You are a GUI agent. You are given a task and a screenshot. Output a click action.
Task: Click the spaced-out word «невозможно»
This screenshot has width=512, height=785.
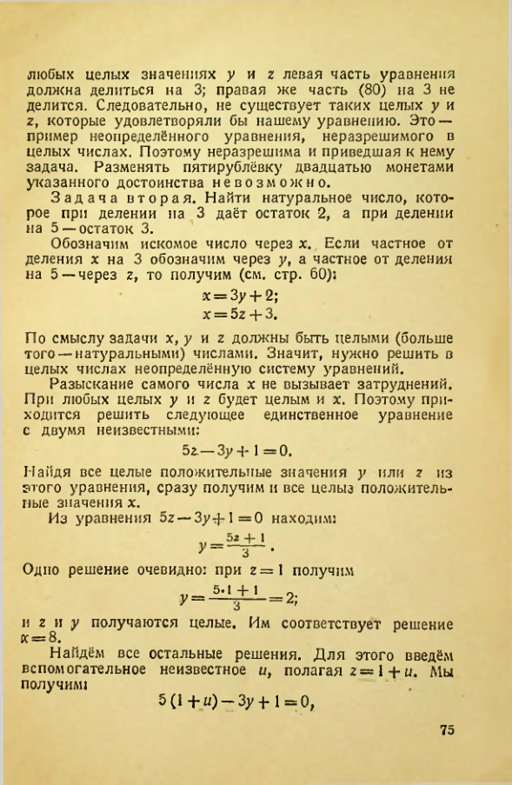coord(269,183)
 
